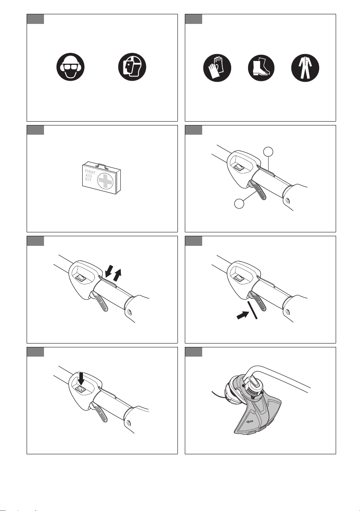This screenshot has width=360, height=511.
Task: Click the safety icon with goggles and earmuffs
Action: pos(71,67)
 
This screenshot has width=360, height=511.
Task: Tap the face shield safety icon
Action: pos(132,67)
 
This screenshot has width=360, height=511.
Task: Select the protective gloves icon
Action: pos(217,68)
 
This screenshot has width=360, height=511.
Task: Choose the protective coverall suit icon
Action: pos(305,68)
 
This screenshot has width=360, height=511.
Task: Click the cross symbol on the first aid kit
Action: pos(105,180)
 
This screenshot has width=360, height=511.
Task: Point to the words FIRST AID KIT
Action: pos(90,175)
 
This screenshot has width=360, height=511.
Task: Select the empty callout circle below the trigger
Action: pos(239,203)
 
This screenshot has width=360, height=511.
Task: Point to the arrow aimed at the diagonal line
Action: pos(242,315)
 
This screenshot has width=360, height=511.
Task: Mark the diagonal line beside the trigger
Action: pos(252,310)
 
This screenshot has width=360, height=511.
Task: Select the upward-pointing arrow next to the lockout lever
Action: pos(118,275)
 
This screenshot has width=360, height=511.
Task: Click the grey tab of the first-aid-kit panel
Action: pos(35,130)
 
